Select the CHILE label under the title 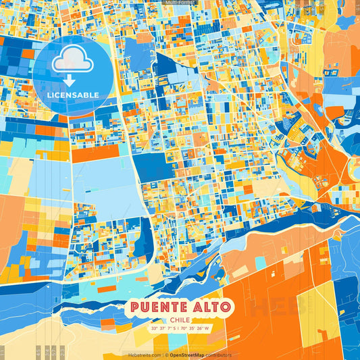[180, 320]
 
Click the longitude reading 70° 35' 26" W [197, 329]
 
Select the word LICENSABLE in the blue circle [72, 95]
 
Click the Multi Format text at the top [179, 3]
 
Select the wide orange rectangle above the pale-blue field [95, 153]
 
